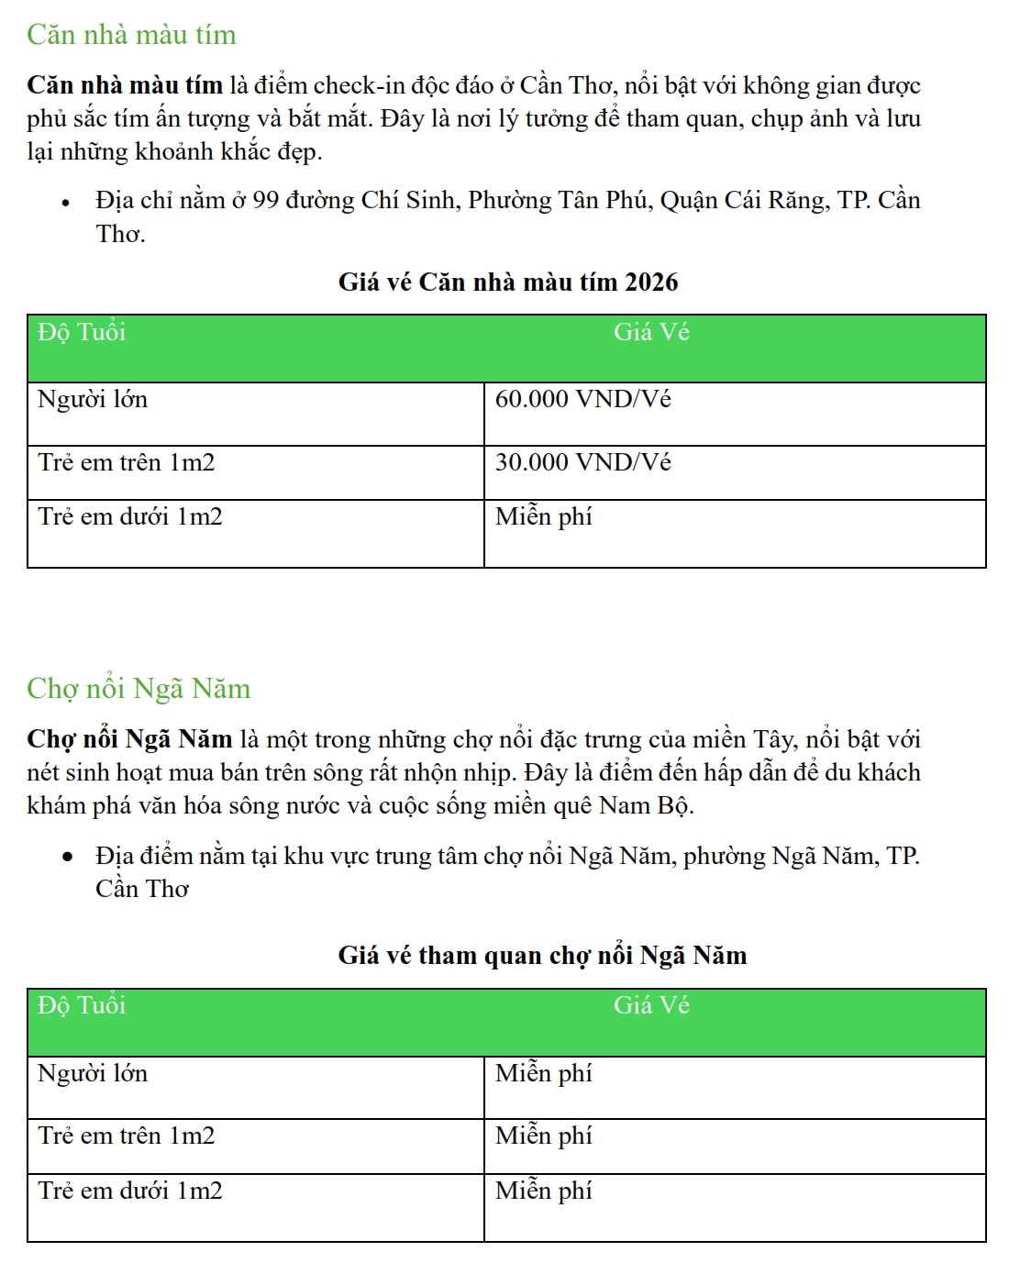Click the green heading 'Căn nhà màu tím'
(131, 35)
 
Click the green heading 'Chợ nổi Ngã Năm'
(139, 688)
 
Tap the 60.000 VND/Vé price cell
(582, 400)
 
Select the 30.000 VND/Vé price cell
(582, 462)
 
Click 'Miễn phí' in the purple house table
(543, 517)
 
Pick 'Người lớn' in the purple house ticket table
(93, 400)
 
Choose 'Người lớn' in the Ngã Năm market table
(93, 1073)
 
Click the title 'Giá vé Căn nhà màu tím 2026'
(507, 282)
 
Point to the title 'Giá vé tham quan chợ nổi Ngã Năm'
(542, 956)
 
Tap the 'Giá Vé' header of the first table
(651, 332)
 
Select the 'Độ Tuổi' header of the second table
(82, 1005)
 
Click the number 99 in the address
(265, 201)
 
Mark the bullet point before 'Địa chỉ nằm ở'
(66, 203)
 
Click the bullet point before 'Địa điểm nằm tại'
(66, 858)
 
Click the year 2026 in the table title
(650, 282)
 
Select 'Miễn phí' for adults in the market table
(543, 1073)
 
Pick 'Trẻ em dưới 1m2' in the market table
(130, 1191)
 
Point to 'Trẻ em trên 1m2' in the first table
(127, 462)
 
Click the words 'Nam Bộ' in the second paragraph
(645, 805)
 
